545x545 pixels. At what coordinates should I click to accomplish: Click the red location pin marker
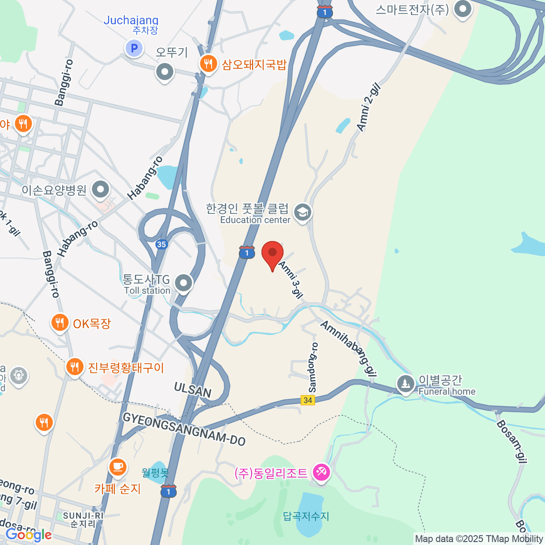click(x=272, y=253)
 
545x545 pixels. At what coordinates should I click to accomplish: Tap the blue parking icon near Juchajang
click(x=134, y=48)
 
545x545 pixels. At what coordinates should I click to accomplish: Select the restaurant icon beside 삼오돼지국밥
click(x=208, y=64)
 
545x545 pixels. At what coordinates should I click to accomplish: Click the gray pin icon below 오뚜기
click(x=164, y=72)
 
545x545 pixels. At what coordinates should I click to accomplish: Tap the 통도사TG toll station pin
click(x=183, y=283)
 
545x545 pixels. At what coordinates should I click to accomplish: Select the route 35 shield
click(x=161, y=244)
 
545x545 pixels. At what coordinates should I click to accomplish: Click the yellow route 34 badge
click(x=308, y=400)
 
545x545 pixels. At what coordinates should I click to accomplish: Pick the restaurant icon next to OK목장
click(x=59, y=323)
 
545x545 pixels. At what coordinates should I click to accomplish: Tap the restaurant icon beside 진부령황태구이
click(x=75, y=367)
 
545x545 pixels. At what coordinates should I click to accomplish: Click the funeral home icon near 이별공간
click(x=405, y=384)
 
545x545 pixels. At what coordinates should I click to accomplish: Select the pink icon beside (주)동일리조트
click(x=321, y=473)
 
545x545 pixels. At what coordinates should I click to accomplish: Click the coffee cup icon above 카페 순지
click(x=118, y=466)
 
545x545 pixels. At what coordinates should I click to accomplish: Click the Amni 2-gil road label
click(x=368, y=108)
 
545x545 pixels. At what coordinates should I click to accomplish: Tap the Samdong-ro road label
click(x=313, y=367)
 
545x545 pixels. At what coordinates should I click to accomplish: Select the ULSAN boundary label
click(x=193, y=390)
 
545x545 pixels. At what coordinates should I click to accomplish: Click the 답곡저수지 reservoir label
click(x=306, y=516)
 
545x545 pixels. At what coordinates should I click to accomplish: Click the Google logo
click(x=28, y=535)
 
